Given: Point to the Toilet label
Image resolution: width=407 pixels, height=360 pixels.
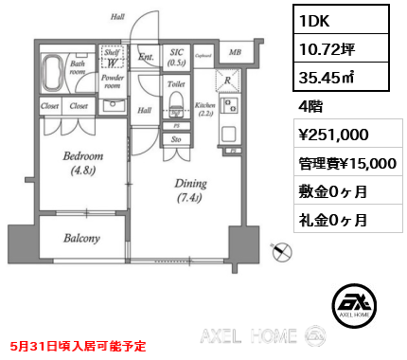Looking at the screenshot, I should click(175, 84).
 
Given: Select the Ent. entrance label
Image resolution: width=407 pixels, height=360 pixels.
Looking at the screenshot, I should click(146, 57).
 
